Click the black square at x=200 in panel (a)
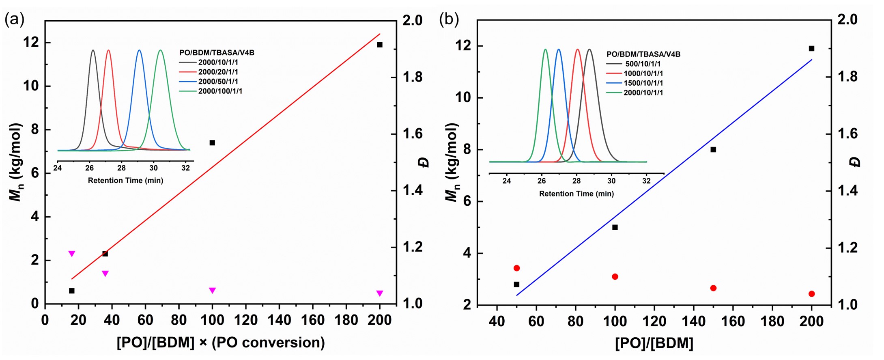pyautogui.click(x=380, y=45)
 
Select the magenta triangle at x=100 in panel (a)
pyautogui.click(x=212, y=290)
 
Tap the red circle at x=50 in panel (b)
pyautogui.click(x=516, y=268)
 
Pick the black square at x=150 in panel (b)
pyautogui.click(x=713, y=150)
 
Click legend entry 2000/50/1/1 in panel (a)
pyautogui.click(x=218, y=82)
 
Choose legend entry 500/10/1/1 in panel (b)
pyautogui.click(x=643, y=64)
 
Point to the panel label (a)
pyautogui.click(x=14, y=19)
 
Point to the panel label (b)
pyautogui.click(x=449, y=19)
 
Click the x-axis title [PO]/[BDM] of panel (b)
pyautogui.click(x=654, y=343)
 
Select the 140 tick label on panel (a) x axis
pyautogui.click(x=279, y=320)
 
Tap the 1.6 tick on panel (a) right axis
pyautogui.click(x=412, y=134)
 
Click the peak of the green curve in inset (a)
pyautogui.click(x=161, y=50)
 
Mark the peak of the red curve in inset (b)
pyautogui.click(x=578, y=50)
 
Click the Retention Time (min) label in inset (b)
pyautogui.click(x=576, y=194)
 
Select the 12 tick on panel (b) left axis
pyautogui.click(x=464, y=46)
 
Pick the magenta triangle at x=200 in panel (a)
pyautogui.click(x=380, y=293)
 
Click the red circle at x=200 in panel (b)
pyautogui.click(x=811, y=294)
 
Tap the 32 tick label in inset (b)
pyautogui.click(x=646, y=181)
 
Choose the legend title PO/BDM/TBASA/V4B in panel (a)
pyautogui.click(x=217, y=53)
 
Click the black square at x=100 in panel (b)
pyautogui.click(x=615, y=227)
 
